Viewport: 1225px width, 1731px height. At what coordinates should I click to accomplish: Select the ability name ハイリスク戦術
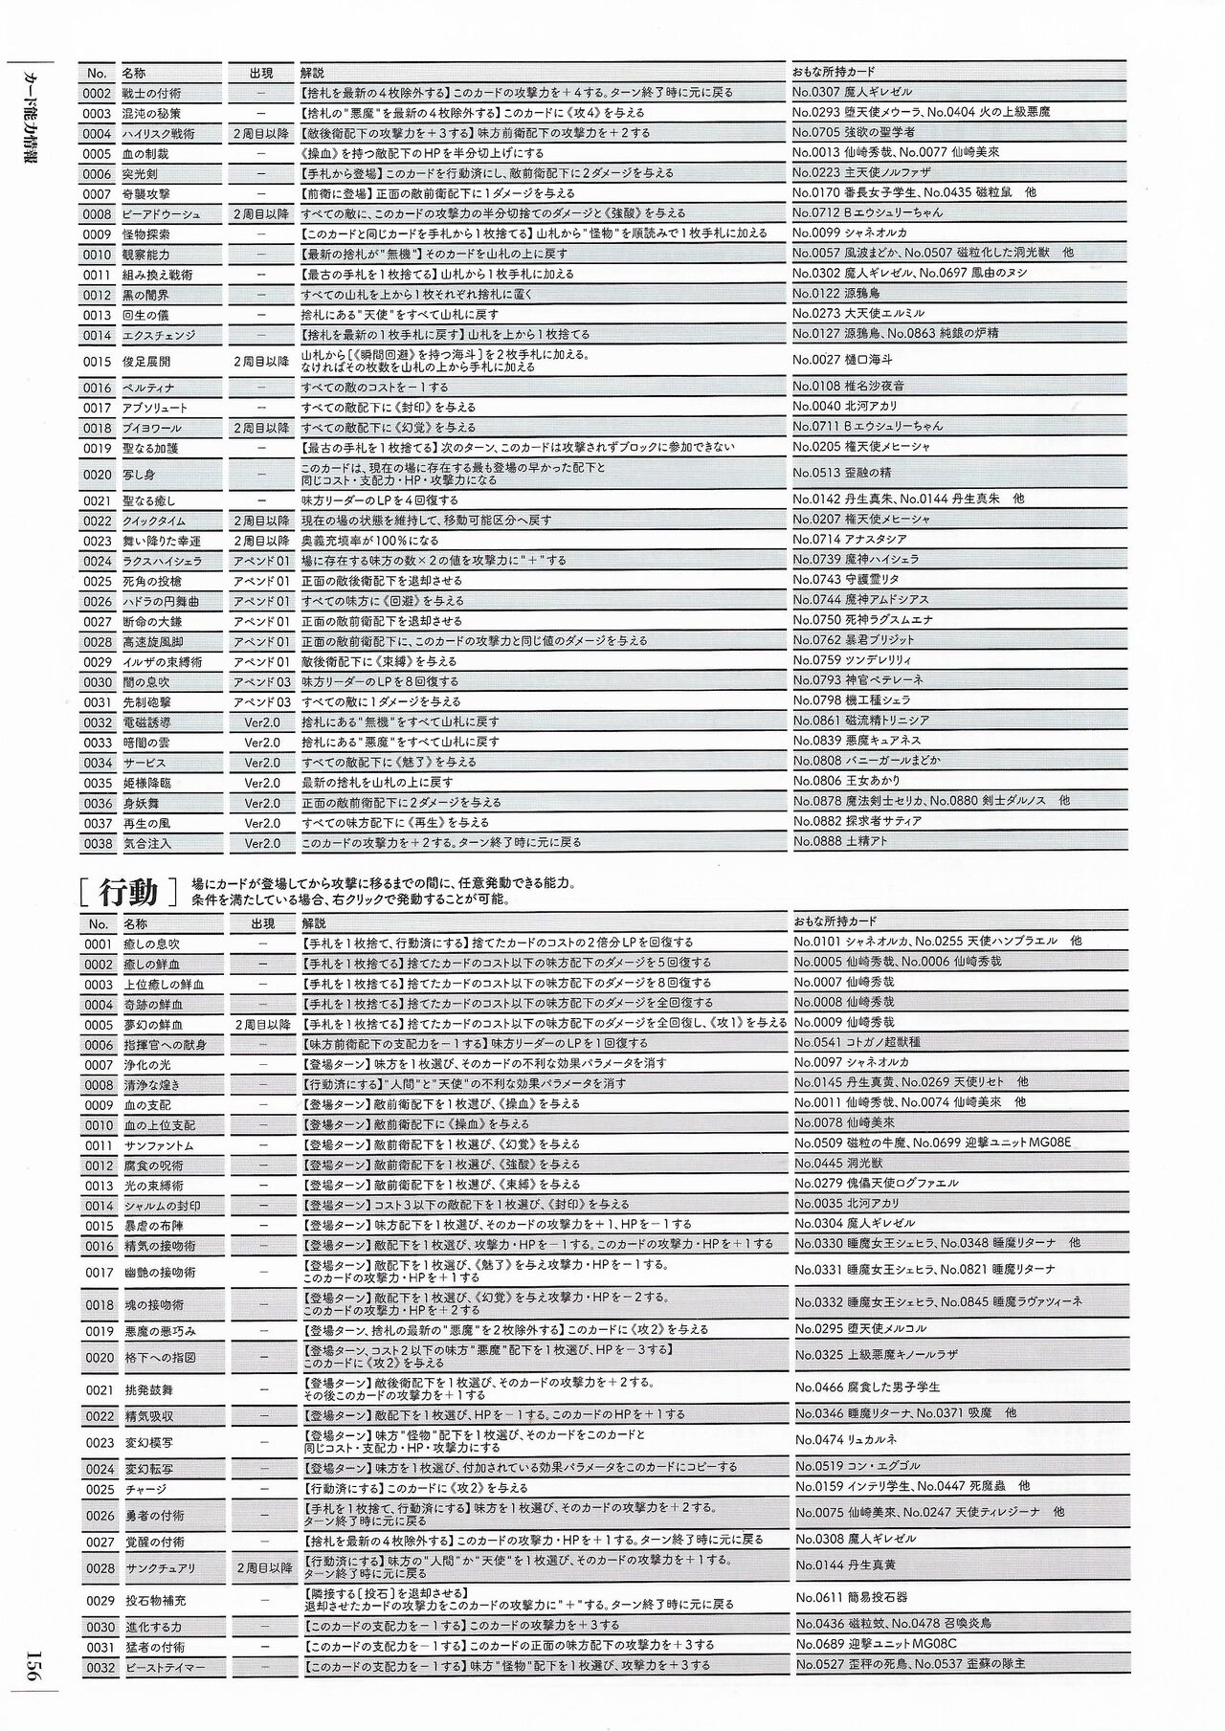tap(158, 134)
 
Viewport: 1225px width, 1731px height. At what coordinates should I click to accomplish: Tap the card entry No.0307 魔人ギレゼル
tap(852, 93)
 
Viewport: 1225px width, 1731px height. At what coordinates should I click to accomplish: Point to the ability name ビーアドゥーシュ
tap(162, 214)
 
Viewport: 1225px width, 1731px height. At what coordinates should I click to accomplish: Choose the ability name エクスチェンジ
tap(158, 336)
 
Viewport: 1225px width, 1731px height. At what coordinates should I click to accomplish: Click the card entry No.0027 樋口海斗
tap(842, 361)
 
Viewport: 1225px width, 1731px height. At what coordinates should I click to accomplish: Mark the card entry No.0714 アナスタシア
tap(849, 540)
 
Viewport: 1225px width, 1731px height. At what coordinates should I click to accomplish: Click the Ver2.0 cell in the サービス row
tap(262, 763)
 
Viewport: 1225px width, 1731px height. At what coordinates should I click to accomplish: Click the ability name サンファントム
tap(158, 1145)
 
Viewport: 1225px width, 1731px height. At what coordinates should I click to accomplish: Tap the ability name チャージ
tap(145, 1489)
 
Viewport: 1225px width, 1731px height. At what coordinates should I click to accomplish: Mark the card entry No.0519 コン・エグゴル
tap(857, 1466)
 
